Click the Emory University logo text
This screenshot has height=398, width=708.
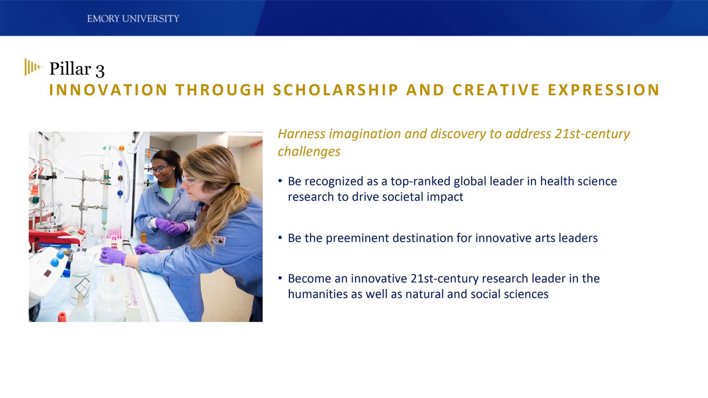pos(133,19)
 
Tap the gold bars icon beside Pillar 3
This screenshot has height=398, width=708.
pos(33,67)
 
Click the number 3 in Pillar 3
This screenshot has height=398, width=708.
pos(100,70)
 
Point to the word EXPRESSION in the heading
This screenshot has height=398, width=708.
pos(604,90)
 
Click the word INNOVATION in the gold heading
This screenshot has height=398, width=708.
pos(108,90)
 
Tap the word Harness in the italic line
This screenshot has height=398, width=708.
pos(301,134)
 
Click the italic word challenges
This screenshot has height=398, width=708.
pos(309,151)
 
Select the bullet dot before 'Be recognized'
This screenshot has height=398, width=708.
pos(280,181)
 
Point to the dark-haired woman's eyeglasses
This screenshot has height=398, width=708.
pos(160,168)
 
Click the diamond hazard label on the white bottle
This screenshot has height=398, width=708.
pos(83,285)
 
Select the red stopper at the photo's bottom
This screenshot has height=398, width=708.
pos(62,316)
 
